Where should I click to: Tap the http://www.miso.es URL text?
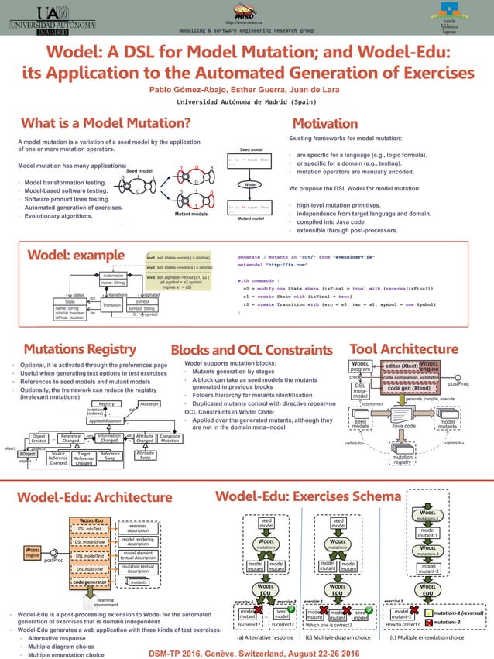coord(246,22)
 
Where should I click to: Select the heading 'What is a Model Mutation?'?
coord(106,123)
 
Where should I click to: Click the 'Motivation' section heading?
coord(324,123)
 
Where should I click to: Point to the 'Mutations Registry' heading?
coord(80,349)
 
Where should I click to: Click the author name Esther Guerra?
coord(247,90)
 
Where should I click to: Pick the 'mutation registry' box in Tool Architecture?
coord(403,459)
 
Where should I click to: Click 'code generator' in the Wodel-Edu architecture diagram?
coord(91,580)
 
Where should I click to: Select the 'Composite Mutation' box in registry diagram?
coord(170,438)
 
